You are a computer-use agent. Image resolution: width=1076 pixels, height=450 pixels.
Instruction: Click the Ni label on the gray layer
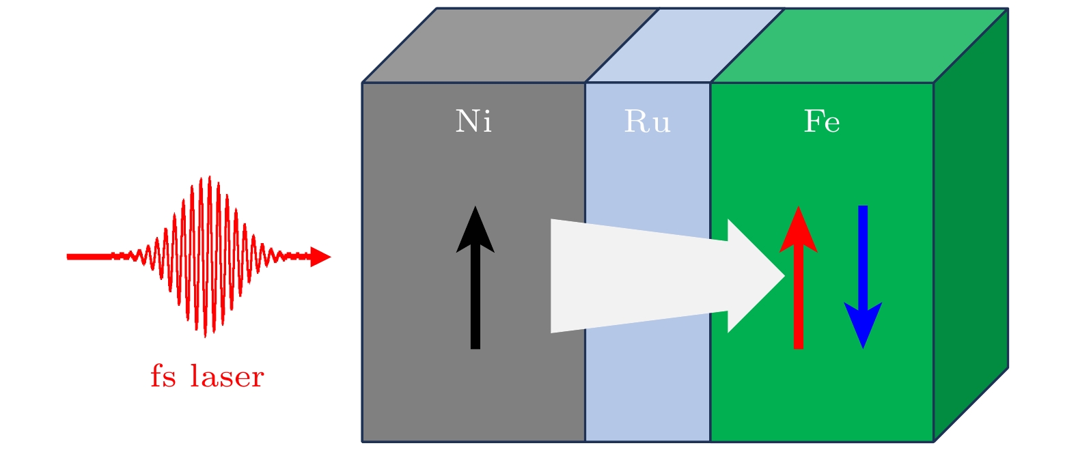tap(473, 122)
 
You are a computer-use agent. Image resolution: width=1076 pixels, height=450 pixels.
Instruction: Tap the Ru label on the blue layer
tap(647, 122)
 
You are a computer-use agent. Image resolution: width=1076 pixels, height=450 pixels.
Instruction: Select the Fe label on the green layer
tap(821, 122)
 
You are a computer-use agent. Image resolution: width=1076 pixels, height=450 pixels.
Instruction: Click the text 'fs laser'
tap(207, 377)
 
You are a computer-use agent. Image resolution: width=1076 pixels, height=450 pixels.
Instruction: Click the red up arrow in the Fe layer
tap(798, 287)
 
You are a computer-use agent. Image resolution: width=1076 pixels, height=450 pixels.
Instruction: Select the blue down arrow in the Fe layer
tap(863, 273)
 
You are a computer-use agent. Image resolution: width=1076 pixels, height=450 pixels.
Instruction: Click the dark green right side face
tap(971, 225)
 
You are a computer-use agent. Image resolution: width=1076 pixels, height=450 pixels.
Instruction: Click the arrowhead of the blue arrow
tap(863, 324)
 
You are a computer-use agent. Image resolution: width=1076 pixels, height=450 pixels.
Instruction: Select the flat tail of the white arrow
tap(555, 276)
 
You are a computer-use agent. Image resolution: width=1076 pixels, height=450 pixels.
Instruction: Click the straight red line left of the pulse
tap(89, 257)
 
